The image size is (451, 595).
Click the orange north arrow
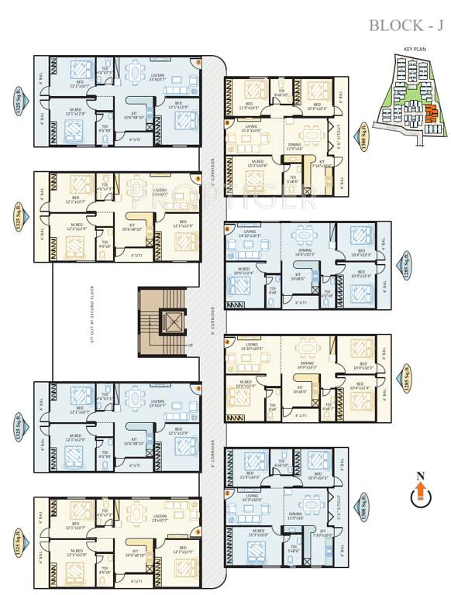coord(420,491)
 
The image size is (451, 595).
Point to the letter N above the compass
coord(420,475)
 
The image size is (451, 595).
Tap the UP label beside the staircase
coord(191,345)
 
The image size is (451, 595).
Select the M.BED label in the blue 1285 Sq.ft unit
coord(244,269)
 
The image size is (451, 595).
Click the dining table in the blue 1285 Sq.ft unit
coord(305,236)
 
